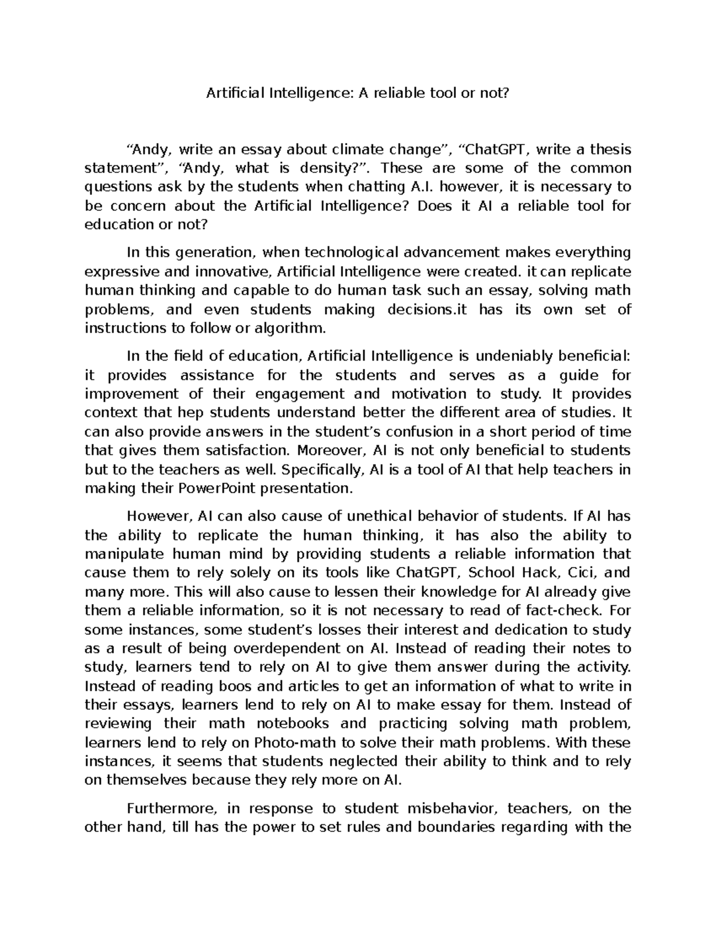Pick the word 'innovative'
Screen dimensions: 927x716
(x=234, y=272)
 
